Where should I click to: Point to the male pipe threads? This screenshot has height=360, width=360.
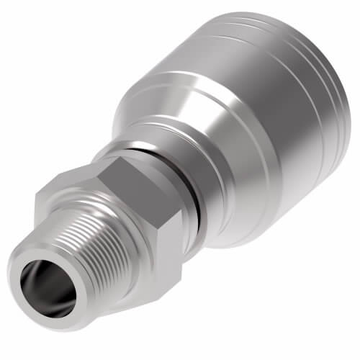(79, 238)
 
